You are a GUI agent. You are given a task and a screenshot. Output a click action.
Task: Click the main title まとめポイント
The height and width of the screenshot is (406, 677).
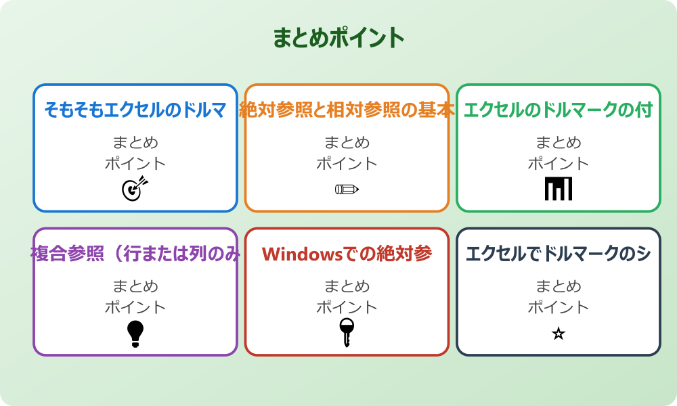[338, 38]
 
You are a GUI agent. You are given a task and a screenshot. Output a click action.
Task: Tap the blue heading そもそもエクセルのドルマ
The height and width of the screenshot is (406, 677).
[135, 110]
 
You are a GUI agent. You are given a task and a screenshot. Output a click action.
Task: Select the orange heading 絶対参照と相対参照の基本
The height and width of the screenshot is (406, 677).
[347, 110]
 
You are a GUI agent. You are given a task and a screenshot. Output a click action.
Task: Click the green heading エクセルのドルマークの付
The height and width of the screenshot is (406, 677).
[558, 110]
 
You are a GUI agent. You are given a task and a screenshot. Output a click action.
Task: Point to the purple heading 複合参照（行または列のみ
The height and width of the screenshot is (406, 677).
[135, 254]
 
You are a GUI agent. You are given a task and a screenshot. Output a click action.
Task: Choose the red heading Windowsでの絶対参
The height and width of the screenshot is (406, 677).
[347, 254]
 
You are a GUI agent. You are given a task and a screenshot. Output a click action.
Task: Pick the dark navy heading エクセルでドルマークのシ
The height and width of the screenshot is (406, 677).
[558, 254]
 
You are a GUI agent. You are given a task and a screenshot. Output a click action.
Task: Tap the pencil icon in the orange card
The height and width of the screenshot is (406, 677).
[347, 189]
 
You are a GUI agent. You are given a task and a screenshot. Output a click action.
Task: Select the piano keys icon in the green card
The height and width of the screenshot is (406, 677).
[559, 189]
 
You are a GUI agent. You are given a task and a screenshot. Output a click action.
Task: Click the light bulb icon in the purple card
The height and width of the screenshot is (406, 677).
[135, 334]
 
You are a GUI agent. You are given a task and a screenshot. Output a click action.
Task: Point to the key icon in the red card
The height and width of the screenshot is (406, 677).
[347, 332]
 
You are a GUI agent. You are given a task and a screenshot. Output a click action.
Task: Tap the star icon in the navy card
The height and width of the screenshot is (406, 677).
[559, 334]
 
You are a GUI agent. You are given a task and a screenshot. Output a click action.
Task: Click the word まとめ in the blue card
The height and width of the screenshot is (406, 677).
[135, 143]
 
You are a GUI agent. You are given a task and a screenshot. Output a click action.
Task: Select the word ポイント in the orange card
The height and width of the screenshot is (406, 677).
[347, 164]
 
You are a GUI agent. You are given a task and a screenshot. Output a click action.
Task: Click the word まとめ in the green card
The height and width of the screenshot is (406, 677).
[559, 143]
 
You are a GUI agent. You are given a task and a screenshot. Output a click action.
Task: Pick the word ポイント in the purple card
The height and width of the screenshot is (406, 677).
[135, 307]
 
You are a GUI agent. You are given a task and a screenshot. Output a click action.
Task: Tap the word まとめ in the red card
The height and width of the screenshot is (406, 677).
[347, 286]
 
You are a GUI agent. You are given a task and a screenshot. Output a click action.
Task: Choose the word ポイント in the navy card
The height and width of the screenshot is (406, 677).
[559, 307]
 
